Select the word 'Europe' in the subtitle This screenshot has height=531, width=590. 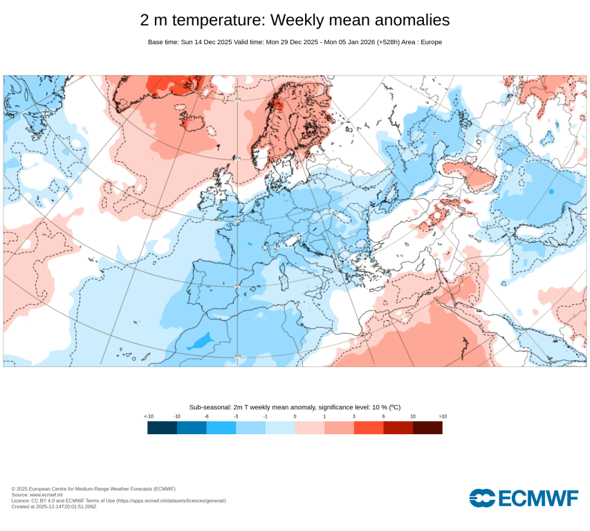[x=430, y=42]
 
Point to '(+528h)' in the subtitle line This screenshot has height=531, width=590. [x=391, y=42]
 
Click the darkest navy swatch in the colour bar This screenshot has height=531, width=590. [x=162, y=428]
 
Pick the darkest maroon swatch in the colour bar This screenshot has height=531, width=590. [x=427, y=428]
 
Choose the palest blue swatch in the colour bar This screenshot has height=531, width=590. [x=280, y=428]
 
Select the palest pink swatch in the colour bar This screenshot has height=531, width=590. [x=309, y=428]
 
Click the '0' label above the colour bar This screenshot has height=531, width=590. [x=295, y=416]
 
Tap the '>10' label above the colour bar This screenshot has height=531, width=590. [x=442, y=416]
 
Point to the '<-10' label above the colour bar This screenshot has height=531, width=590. [x=148, y=416]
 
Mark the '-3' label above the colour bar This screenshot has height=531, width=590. [x=236, y=416]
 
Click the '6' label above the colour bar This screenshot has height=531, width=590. [x=383, y=416]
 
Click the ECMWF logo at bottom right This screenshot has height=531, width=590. [x=524, y=498]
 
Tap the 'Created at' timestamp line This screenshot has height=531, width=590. [x=54, y=506]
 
